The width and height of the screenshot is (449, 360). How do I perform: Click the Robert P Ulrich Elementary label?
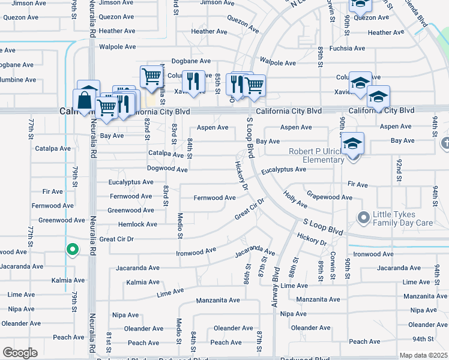click(x=317, y=155)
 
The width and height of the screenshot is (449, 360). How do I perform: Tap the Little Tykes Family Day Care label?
click(x=402, y=218)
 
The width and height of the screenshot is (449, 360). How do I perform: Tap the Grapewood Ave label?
click(x=330, y=197)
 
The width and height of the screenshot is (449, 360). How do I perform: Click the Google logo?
click(x=20, y=352)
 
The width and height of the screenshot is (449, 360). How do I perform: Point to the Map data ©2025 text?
click(x=423, y=355)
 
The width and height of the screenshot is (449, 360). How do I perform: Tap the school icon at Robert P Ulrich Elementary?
click(x=353, y=144)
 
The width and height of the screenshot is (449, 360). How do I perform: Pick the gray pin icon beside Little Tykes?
click(x=363, y=217)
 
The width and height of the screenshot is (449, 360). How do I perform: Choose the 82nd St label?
click(x=147, y=128)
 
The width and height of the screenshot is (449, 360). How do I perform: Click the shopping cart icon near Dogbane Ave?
click(x=151, y=76)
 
